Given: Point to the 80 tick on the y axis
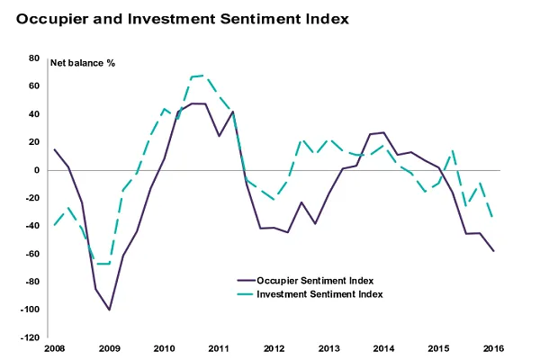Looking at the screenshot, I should [34, 58].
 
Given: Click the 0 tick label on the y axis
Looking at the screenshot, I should [37, 170].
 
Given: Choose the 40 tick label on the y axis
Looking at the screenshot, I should [34, 114].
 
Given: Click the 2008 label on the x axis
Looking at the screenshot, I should [54, 347].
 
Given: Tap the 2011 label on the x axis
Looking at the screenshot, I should [219, 347].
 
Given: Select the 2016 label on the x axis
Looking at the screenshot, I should [492, 347].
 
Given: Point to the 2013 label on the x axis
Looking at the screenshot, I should [328, 347].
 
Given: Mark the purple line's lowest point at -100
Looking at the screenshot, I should [109, 310].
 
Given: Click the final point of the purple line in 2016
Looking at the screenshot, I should [493, 251].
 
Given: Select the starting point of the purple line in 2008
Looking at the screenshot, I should [54, 149].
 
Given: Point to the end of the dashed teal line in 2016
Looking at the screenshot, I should [493, 217].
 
